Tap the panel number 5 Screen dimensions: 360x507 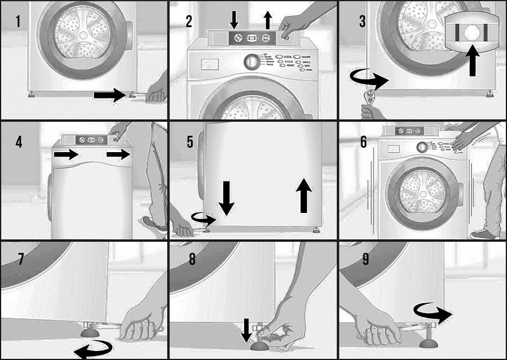190,141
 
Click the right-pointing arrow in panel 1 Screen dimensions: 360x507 110,95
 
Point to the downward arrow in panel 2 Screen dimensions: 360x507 234,19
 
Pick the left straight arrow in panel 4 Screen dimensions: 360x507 66,155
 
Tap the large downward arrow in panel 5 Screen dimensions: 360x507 226,198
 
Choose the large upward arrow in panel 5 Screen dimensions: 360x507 304,195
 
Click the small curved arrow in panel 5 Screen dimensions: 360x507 203,217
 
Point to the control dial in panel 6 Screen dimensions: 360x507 421,148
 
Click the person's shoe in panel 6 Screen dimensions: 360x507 483,233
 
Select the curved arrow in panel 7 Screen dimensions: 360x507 93,350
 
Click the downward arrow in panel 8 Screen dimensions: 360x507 247,330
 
